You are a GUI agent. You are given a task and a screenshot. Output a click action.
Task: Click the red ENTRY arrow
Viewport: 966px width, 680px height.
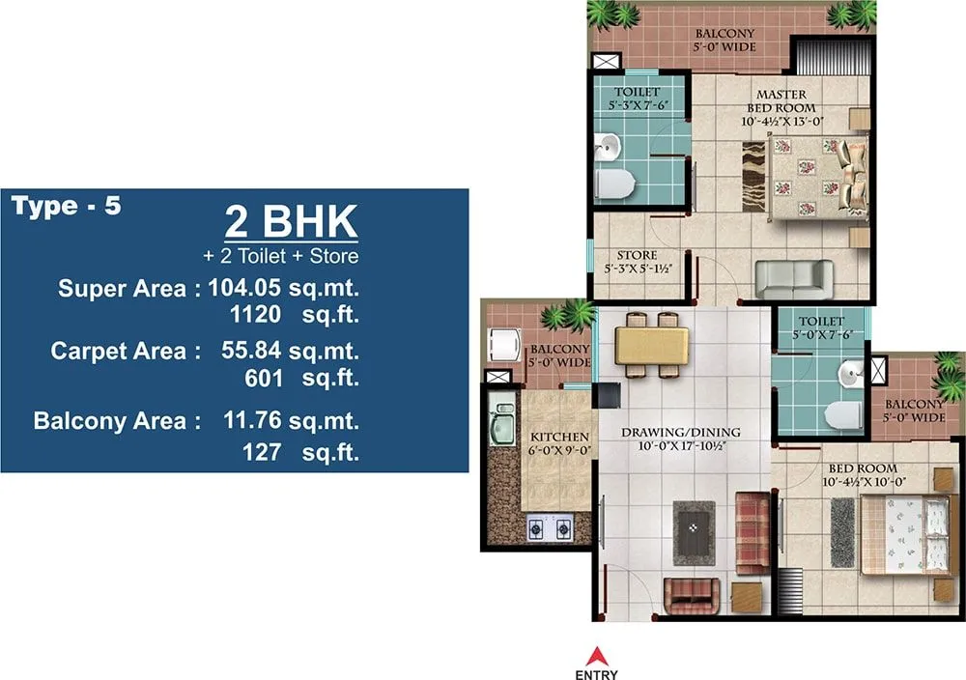pyautogui.click(x=600, y=655)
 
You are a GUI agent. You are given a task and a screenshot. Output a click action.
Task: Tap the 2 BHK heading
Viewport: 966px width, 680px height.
pyautogui.click(x=291, y=221)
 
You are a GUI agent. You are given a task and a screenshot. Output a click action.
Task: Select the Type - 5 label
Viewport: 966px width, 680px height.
pyautogui.click(x=67, y=206)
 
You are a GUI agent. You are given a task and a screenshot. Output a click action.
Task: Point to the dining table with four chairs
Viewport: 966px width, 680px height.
pyautogui.click(x=651, y=345)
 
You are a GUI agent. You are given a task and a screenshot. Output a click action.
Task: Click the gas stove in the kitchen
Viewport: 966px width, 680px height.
pyautogui.click(x=550, y=526)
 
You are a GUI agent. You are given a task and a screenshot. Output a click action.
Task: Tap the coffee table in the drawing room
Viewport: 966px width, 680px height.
pyautogui.click(x=695, y=532)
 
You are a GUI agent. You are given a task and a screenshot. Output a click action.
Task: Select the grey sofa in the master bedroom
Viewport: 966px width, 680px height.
pyautogui.click(x=793, y=278)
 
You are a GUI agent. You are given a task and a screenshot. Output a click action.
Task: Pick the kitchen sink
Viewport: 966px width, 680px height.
pyautogui.click(x=502, y=426)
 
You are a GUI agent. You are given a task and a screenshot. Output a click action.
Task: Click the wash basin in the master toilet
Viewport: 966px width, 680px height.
pyautogui.click(x=607, y=148)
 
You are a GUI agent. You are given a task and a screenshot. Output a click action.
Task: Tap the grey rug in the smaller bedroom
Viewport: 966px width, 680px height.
pyautogui.click(x=842, y=530)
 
